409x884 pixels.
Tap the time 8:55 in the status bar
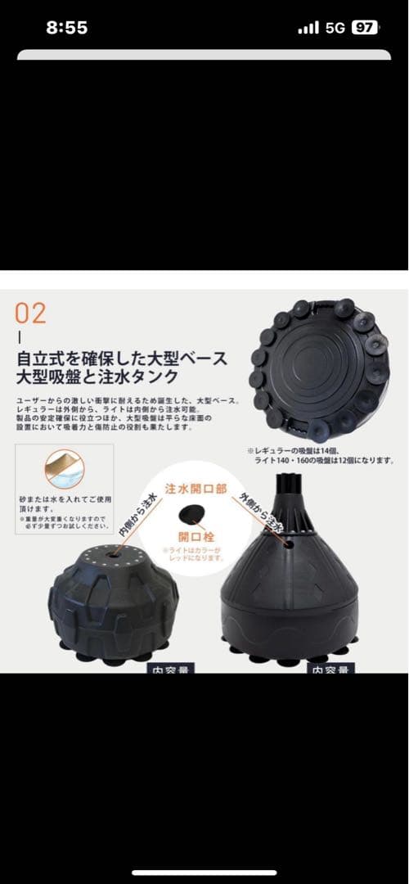(67, 27)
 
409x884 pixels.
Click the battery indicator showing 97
(365, 27)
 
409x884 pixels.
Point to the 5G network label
(335, 27)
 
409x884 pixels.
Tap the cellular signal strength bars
(308, 28)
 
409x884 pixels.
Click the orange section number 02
(30, 313)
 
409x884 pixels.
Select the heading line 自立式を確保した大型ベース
(122, 359)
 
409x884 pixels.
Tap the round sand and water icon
(65, 469)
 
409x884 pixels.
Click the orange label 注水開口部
(196, 489)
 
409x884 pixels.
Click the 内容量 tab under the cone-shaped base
(330, 668)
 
